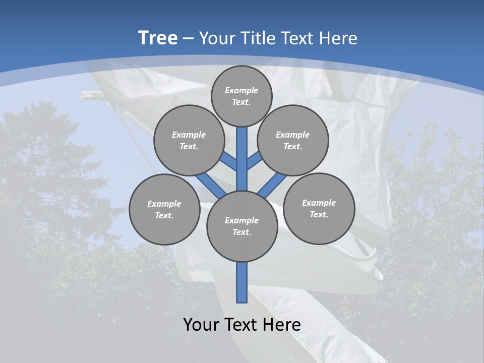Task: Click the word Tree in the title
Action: [158, 38]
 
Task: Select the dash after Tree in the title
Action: [188, 39]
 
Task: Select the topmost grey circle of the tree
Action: [241, 96]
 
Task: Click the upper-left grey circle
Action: [189, 140]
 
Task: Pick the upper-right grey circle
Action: [293, 140]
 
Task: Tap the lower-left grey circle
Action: [164, 209]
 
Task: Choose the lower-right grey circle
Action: [319, 208]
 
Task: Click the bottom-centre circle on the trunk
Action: [242, 226]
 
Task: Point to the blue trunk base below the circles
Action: [242, 282]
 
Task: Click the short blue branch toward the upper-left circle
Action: [229, 161]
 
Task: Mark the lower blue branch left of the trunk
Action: [209, 184]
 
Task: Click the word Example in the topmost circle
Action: [241, 90]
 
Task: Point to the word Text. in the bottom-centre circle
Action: [241, 232]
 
